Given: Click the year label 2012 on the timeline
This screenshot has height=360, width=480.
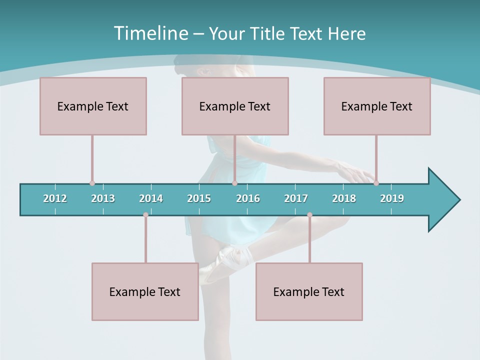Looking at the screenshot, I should click(x=55, y=198).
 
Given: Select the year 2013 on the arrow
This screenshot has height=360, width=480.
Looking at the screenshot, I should click(x=103, y=198).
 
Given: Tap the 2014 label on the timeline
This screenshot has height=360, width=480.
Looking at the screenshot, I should click(x=151, y=198).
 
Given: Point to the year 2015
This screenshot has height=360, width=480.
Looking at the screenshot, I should click(x=199, y=198).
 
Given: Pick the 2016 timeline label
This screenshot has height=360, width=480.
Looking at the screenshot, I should click(x=248, y=198).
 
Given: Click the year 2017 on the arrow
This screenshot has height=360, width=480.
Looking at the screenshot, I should click(x=296, y=198).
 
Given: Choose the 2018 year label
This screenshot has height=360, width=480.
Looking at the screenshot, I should click(x=344, y=198).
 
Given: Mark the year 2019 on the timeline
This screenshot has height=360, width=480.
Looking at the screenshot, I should click(x=392, y=198).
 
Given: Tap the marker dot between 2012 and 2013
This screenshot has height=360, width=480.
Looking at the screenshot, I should click(x=92, y=183).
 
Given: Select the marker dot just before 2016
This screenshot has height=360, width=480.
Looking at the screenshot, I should click(x=234, y=183).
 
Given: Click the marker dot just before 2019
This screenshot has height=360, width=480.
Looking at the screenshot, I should click(x=376, y=183).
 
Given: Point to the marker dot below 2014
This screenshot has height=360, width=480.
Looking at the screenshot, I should click(x=145, y=215).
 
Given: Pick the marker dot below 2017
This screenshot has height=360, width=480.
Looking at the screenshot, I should click(x=309, y=215).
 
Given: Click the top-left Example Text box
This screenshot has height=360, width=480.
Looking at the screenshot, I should click(x=93, y=106).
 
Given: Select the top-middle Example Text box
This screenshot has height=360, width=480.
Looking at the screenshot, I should click(x=235, y=106).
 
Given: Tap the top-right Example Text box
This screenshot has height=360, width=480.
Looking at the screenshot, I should click(x=377, y=106).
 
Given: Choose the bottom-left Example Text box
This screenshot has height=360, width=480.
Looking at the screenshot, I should click(x=145, y=291).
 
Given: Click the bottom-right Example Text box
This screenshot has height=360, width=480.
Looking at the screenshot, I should click(x=309, y=291).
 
